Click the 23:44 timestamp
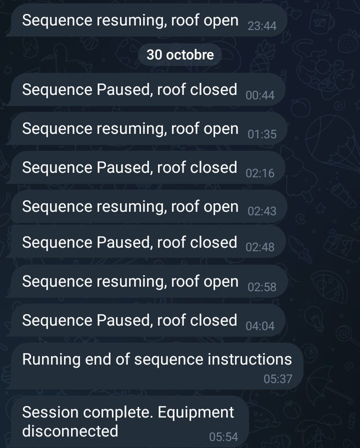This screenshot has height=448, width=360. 262,26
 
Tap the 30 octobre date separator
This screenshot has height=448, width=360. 180,55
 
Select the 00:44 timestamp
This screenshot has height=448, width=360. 260,95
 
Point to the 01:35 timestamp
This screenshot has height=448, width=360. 262,134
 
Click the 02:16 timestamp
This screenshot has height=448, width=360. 260,173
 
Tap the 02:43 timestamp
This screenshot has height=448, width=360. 262,211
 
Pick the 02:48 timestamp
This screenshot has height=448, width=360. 260,247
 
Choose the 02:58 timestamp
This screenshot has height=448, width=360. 262,287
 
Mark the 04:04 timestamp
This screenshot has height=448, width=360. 260,326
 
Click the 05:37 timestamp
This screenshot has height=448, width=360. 278,379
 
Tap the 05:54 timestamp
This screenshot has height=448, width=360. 223,437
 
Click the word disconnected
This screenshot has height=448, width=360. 70,431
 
